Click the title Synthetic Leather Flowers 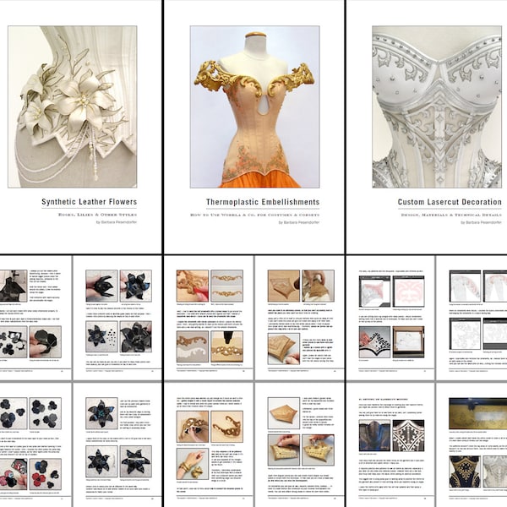point(89,202)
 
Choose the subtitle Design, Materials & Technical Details point(444,215)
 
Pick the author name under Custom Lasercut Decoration point(473,226)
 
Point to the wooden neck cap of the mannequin point(254,36)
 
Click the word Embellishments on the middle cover point(279,203)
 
